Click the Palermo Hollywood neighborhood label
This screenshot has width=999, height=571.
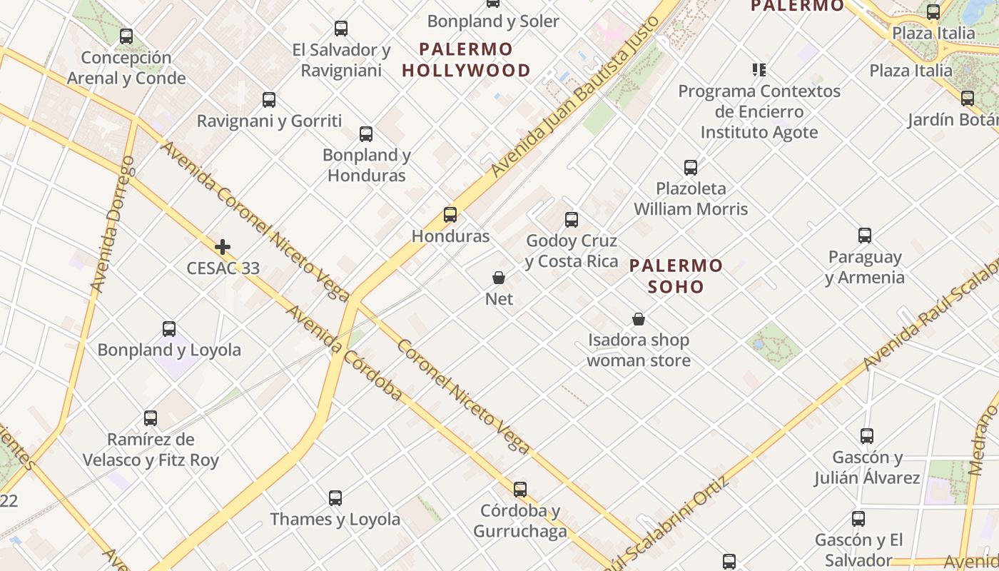pyautogui.click(x=467, y=60)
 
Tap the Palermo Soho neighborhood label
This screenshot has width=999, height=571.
pyautogui.click(x=676, y=276)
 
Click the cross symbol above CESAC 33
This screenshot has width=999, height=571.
pyautogui.click(x=223, y=248)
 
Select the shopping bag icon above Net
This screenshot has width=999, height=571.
pyautogui.click(x=499, y=278)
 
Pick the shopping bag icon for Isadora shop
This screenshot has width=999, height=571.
pyautogui.click(x=639, y=319)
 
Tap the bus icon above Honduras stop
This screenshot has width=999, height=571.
pyautogui.click(x=450, y=214)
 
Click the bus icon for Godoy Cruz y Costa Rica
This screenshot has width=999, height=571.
pyautogui.click(x=572, y=219)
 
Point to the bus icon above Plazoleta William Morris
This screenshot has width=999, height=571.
pyautogui.click(x=691, y=168)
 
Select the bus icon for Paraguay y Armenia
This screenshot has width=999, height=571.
pyautogui.click(x=865, y=235)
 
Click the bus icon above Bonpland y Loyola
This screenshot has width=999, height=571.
pyautogui.click(x=169, y=329)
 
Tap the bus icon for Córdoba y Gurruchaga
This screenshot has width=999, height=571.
pyautogui.click(x=520, y=490)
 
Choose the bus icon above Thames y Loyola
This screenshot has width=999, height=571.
pyautogui.click(x=335, y=497)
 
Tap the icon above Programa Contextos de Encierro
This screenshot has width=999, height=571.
pyautogui.click(x=759, y=70)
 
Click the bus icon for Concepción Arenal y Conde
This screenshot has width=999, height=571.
pyautogui.click(x=126, y=36)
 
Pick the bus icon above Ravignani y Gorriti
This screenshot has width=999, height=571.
pyautogui.click(x=269, y=100)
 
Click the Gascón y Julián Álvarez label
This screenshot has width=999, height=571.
pyautogui.click(x=867, y=468)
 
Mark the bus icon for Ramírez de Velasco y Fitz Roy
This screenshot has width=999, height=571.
pyautogui.click(x=151, y=418)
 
